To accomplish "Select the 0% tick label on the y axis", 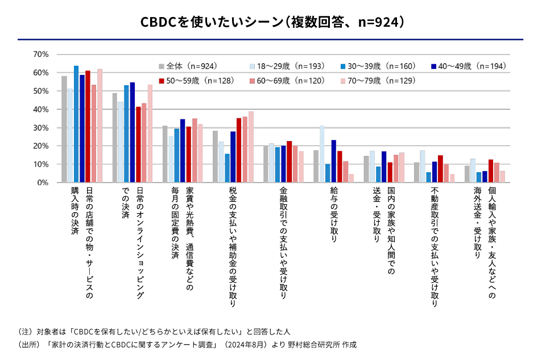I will pos(43,183).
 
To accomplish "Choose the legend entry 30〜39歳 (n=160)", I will pos(379,67).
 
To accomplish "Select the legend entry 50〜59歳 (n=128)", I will pos(197,81).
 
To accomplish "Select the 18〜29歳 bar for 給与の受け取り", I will pos(322,154).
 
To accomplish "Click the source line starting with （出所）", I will pos(187,345).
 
